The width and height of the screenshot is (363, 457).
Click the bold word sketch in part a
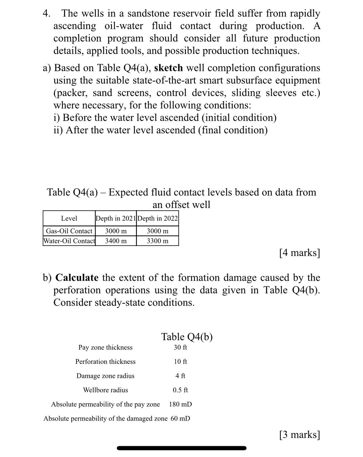click(168, 68)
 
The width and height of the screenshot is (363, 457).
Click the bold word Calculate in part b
click(77, 277)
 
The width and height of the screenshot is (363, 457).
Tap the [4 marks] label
click(299, 253)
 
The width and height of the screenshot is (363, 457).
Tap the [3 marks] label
click(299, 435)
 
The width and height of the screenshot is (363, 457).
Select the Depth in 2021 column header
click(115, 218)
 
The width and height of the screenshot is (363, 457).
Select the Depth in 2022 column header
click(158, 218)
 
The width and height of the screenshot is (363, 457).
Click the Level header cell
click(69, 218)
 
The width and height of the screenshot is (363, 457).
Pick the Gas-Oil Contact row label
click(69, 231)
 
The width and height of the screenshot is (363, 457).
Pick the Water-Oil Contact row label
click(69, 241)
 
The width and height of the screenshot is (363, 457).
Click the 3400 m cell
click(116, 241)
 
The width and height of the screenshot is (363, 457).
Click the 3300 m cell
click(158, 241)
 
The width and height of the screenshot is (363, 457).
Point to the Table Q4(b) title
click(187, 337)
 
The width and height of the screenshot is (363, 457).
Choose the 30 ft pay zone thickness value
click(180, 347)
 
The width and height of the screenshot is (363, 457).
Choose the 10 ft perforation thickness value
click(180, 362)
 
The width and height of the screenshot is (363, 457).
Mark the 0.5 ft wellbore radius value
click(180, 390)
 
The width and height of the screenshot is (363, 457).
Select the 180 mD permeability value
click(180, 405)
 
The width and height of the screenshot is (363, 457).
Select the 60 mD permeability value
click(180, 418)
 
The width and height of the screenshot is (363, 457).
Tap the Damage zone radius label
click(105, 376)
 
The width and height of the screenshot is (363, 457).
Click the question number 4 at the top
click(46, 14)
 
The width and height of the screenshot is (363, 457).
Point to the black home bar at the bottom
click(181, 448)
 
